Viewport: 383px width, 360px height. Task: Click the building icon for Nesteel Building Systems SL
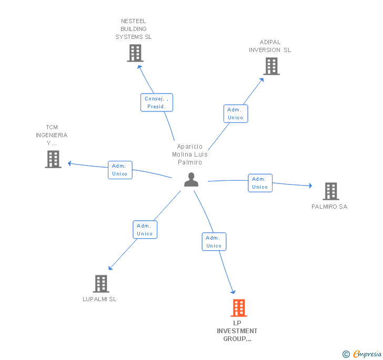click(x=135, y=53)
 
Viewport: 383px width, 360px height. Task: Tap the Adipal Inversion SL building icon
click(x=271, y=66)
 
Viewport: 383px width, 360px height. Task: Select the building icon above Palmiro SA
click(x=330, y=191)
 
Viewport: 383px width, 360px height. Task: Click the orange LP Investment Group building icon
click(x=238, y=308)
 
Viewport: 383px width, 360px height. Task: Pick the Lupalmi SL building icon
click(x=100, y=284)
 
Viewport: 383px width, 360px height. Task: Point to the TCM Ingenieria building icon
click(x=53, y=159)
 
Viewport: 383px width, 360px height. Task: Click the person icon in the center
click(x=191, y=180)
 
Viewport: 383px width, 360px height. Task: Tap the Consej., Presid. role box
click(x=157, y=102)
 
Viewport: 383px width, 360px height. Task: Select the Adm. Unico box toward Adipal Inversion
click(x=235, y=114)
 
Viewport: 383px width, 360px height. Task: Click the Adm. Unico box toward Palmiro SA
click(x=260, y=183)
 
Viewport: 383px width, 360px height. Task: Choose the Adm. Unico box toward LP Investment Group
click(x=214, y=242)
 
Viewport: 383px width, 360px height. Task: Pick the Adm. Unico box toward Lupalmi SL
click(x=145, y=230)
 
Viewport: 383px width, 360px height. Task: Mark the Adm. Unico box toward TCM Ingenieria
click(x=120, y=170)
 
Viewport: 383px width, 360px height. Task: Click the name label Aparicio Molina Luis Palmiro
click(x=190, y=155)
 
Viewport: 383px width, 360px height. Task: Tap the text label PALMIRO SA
click(x=329, y=207)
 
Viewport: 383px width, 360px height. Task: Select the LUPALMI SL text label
click(x=99, y=299)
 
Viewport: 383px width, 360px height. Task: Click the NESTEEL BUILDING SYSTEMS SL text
click(x=134, y=29)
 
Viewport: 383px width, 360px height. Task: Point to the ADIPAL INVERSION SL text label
click(x=270, y=46)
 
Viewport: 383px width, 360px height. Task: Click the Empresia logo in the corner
click(x=362, y=354)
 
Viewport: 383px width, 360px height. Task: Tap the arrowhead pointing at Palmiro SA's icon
click(x=310, y=186)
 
